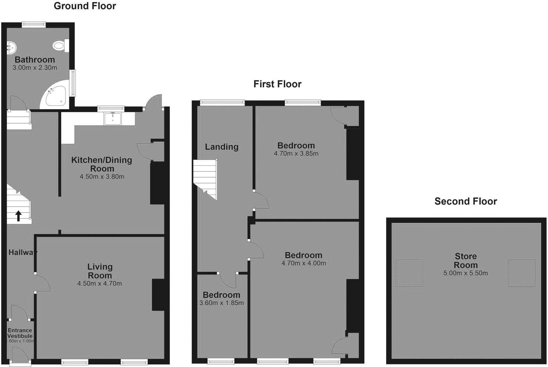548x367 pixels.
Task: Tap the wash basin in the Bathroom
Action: point(12,48)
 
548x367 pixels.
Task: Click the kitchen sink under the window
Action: point(113,118)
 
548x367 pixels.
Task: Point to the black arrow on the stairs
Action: point(18,216)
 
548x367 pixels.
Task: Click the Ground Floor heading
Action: point(85,6)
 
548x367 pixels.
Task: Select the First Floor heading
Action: point(277,84)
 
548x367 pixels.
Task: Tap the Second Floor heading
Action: point(466,201)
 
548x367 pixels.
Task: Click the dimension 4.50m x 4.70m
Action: point(100,284)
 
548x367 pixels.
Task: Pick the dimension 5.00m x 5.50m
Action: point(465,273)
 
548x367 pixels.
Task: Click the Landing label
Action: point(222,147)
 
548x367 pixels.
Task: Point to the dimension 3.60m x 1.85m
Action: point(221,303)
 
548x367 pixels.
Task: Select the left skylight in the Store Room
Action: point(409,273)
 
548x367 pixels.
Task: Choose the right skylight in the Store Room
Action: point(522,273)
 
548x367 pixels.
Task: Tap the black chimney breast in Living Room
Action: point(158,295)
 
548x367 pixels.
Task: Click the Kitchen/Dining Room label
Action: point(102,164)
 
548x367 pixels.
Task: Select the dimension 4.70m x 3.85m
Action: point(296,153)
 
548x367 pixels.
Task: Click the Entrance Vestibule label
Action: point(20,333)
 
